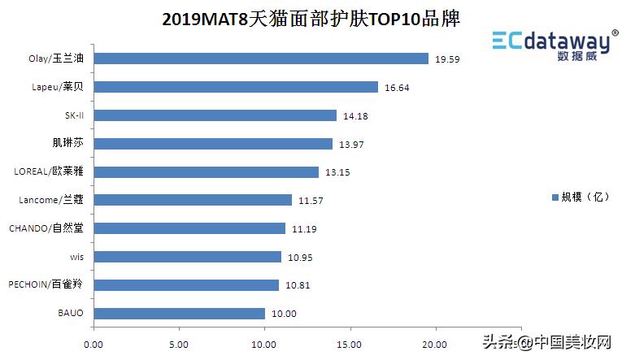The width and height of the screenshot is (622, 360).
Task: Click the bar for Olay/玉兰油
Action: (261, 59)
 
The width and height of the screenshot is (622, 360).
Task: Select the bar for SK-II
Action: (215, 115)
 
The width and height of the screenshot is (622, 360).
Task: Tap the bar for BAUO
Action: (180, 314)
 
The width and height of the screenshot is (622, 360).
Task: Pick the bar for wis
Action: (188, 257)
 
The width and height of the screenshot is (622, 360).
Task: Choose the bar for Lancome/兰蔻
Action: (193, 200)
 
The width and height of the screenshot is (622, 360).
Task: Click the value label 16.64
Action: (398, 88)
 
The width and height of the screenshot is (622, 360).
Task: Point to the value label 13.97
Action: (352, 145)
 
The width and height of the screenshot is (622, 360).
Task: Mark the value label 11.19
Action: (304, 229)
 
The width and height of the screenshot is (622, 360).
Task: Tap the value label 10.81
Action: (298, 286)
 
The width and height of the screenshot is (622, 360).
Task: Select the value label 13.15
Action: (338, 172)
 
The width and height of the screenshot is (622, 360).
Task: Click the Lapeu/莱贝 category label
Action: (55, 87)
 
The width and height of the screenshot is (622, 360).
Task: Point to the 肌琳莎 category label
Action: (67, 143)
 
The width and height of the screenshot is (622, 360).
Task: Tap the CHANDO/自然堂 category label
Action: (46, 228)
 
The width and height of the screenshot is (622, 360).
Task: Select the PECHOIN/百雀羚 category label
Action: (46, 284)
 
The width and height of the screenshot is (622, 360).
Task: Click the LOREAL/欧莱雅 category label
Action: (49, 171)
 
